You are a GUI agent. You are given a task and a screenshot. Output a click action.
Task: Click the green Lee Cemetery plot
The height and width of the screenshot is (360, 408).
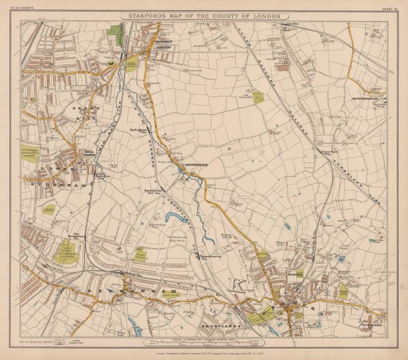tap(259, 97)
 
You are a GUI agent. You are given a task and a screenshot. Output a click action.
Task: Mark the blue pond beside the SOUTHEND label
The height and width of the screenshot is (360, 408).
tap(181, 164)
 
